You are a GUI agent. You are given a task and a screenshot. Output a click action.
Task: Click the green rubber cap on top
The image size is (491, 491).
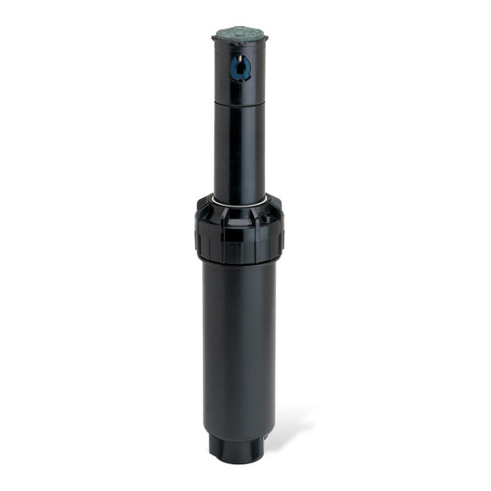pyautogui.click(x=240, y=34)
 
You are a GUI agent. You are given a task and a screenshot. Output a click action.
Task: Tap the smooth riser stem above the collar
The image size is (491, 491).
pyautogui.click(x=240, y=148)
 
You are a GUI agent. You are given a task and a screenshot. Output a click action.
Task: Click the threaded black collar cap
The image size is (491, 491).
pyautogui.click(x=240, y=232)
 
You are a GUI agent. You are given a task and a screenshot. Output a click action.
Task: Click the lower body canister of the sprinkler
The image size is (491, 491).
pyautogui.click(x=240, y=352)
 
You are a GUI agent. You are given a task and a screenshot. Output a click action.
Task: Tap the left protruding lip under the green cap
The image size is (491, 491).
pyautogui.click(x=216, y=41)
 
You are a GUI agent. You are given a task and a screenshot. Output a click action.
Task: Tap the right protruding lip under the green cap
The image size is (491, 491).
pyautogui.click(x=264, y=41)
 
